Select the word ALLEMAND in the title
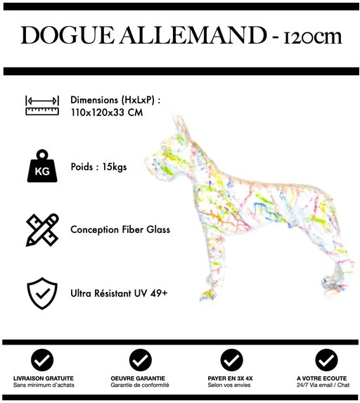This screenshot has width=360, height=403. click(x=180, y=36)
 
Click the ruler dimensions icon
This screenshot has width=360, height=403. click(x=42, y=105)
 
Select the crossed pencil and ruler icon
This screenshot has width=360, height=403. click(x=42, y=230)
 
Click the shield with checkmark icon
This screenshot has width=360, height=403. click(x=42, y=293)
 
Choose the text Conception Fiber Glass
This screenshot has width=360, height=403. click(x=120, y=230)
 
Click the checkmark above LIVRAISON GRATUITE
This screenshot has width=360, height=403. click(x=42, y=360)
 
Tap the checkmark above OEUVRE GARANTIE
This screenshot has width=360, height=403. click(x=140, y=360)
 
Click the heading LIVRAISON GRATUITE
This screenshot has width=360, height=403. click(x=42, y=378)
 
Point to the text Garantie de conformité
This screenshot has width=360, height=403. click(x=140, y=385)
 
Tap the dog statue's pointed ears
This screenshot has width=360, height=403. click(x=179, y=125)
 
